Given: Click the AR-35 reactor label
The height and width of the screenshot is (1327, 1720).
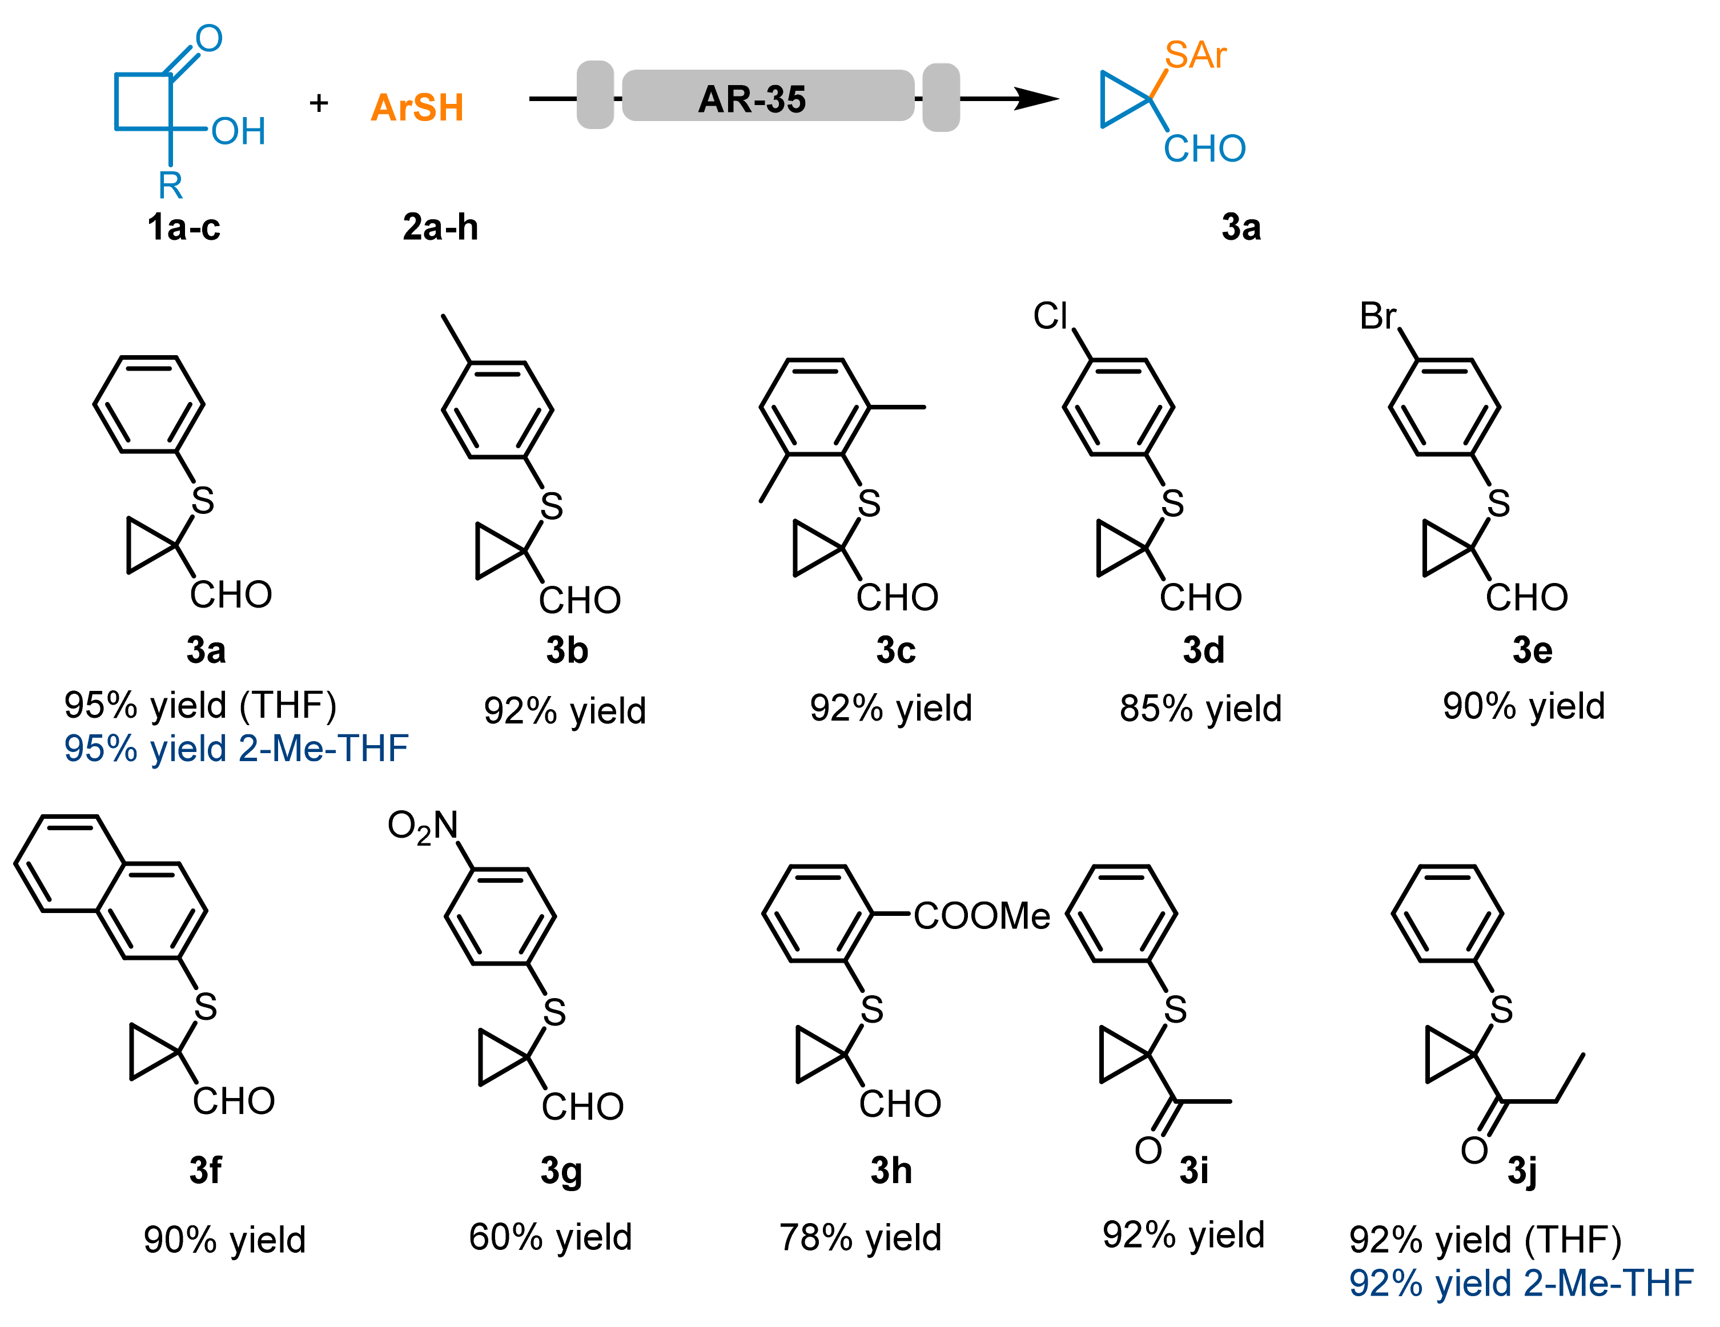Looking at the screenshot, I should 752,99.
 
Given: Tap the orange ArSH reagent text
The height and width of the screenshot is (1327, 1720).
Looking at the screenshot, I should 417,108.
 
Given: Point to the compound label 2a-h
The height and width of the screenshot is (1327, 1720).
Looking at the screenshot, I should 440,228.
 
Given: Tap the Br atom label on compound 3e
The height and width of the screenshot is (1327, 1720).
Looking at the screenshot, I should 1377,316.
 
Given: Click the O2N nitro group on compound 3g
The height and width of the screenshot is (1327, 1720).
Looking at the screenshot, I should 422,826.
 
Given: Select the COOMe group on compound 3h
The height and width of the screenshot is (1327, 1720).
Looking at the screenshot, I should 981,916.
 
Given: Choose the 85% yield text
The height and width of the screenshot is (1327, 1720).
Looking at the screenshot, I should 1200,709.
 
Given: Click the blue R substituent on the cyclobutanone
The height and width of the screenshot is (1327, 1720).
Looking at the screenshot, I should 170,186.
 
